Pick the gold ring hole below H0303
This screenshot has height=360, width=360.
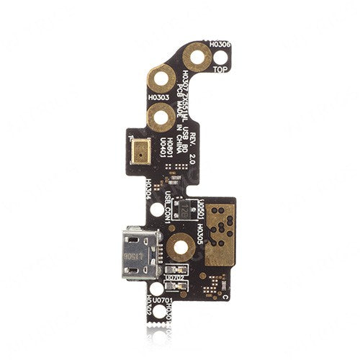tap(159, 113)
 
